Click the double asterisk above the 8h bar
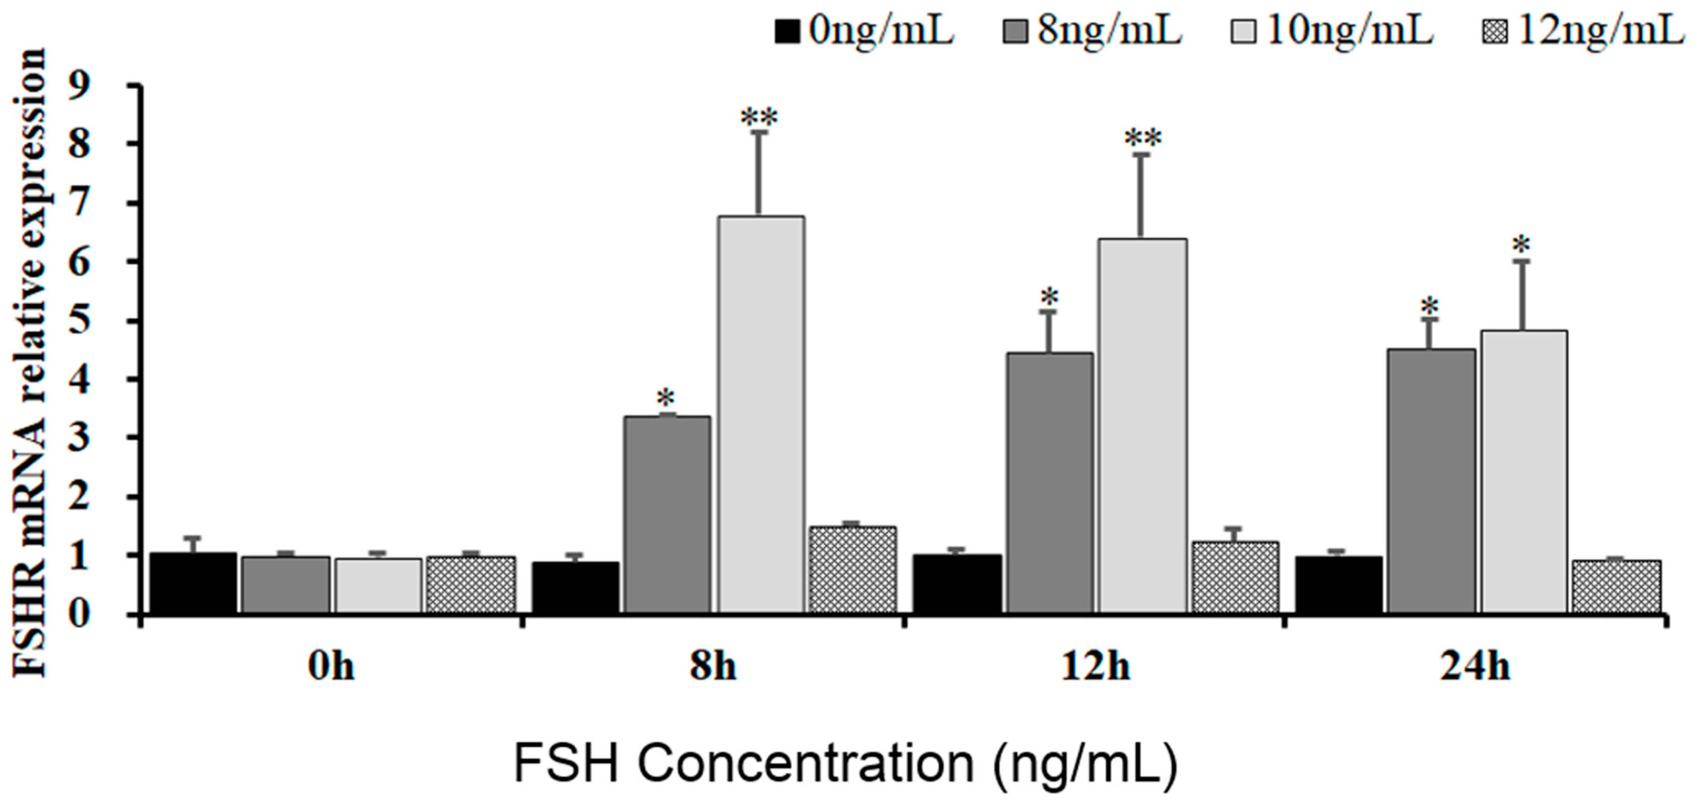pos(759,118)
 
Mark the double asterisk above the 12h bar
pos(1143,139)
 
